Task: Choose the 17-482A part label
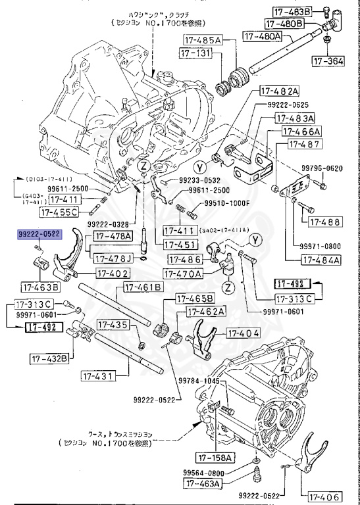(x=279, y=91)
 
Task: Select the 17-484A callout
(x=321, y=260)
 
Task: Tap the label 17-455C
(x=59, y=212)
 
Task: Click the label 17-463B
(x=39, y=287)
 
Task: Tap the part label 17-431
(x=99, y=375)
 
